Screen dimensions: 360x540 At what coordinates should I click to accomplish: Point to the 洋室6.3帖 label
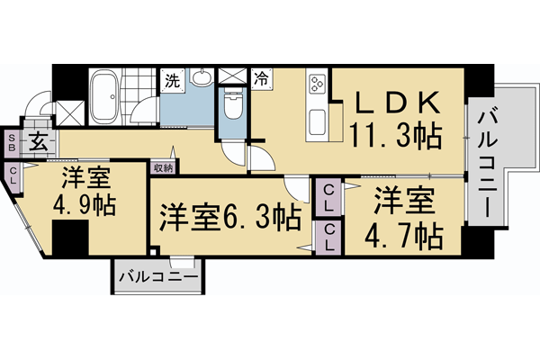[230, 217]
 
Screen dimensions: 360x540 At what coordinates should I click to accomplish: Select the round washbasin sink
[201, 79]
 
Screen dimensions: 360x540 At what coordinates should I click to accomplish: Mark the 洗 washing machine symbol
[171, 79]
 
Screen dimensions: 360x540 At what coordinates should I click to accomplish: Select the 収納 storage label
[163, 166]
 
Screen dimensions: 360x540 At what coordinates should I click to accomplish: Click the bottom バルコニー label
[157, 277]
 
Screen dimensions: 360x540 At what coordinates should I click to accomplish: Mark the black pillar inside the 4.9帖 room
[69, 238]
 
